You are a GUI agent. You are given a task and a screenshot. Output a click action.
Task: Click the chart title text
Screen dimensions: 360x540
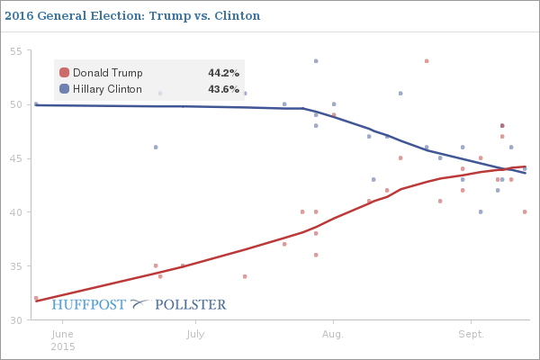[131, 15]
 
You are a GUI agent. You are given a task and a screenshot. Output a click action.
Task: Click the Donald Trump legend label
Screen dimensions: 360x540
[107, 73]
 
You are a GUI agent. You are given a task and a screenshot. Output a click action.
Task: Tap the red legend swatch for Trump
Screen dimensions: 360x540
[65, 73]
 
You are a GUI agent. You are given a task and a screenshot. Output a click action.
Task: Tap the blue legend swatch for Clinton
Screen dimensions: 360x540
[65, 89]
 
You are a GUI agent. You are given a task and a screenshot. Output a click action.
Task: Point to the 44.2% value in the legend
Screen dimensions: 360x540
[224, 73]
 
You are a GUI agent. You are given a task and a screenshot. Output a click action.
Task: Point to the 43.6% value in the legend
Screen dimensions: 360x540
[224, 89]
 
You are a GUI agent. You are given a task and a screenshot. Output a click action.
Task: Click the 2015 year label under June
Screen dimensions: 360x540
[63, 346]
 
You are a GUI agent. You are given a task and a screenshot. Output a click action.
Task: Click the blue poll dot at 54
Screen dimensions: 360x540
[316, 61]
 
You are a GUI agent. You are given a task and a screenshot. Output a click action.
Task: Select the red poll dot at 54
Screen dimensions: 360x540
[427, 61]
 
